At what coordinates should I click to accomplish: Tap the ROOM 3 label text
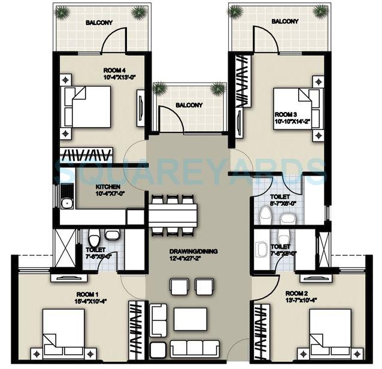coord(285,114)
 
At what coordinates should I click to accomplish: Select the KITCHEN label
coord(108,186)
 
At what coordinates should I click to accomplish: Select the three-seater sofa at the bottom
coord(194,347)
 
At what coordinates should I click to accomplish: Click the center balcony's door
coord(171,122)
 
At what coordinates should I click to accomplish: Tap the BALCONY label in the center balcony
coord(189,105)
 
